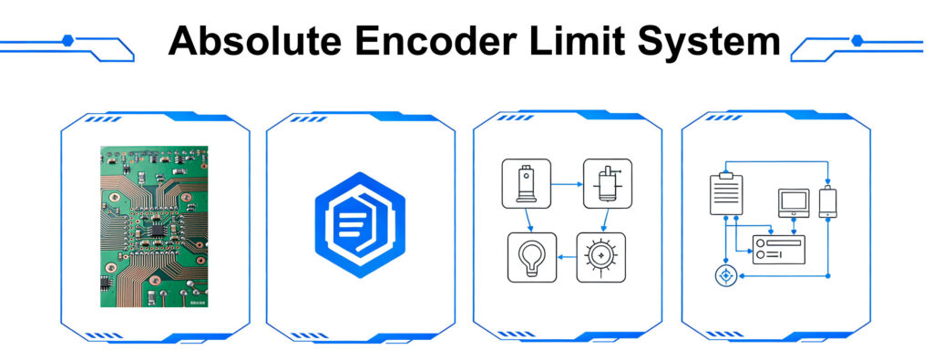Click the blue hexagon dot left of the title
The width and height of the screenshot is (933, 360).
(67, 40)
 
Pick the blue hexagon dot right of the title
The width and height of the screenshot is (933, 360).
(856, 40)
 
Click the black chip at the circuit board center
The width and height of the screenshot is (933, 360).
(157, 230)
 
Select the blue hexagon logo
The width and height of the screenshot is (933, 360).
(360, 225)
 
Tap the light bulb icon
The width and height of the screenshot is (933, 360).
(531, 257)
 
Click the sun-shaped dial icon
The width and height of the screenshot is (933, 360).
(601, 257)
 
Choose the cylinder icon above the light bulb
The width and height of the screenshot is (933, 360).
(526, 183)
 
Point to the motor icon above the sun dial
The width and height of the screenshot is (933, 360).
(608, 183)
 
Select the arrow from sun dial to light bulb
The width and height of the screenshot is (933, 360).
(567, 257)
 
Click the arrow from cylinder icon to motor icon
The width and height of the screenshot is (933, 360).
(567, 184)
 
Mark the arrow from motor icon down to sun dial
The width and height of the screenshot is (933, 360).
(604, 221)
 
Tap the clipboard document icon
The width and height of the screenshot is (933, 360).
(726, 193)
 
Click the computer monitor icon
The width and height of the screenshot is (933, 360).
(794, 202)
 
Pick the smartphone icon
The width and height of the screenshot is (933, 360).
(827, 201)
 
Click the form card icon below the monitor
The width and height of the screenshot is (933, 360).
(779, 250)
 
